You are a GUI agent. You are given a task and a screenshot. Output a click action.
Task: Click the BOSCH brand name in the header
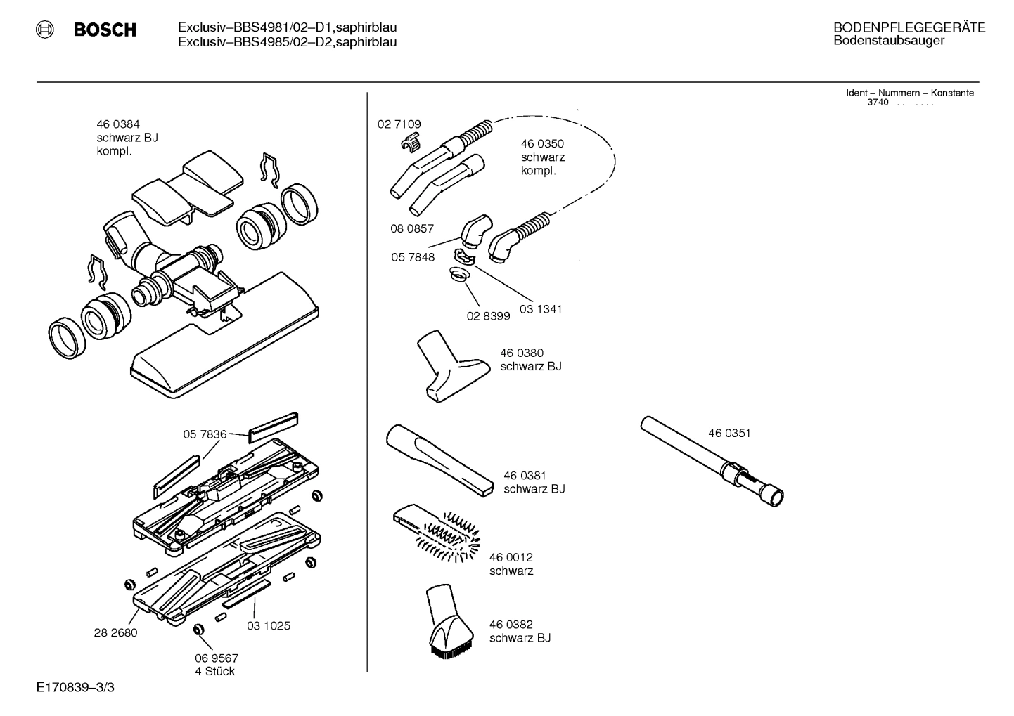pyautogui.click(x=104, y=30)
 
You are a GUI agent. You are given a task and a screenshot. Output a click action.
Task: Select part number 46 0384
pyautogui.click(x=117, y=124)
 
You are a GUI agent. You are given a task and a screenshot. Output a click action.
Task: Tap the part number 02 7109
pyautogui.click(x=399, y=124)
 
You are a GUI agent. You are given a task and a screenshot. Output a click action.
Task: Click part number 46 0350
pyautogui.click(x=542, y=144)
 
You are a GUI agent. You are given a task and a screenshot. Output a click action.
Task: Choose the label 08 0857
pyautogui.click(x=412, y=229)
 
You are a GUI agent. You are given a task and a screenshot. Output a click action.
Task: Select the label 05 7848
pyautogui.click(x=413, y=257)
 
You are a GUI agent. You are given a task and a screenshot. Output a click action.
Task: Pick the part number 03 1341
pyautogui.click(x=540, y=309)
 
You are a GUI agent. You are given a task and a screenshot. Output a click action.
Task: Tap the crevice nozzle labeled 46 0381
pyautogui.click(x=439, y=460)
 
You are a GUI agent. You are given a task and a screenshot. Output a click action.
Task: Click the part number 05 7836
pyautogui.click(x=205, y=435)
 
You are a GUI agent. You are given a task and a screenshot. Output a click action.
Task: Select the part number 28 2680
pyautogui.click(x=115, y=632)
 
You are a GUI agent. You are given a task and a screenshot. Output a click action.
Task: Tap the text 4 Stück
pyautogui.click(x=214, y=672)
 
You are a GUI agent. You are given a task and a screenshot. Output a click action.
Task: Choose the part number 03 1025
pyautogui.click(x=268, y=626)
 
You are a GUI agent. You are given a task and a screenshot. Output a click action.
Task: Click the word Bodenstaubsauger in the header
pyautogui.click(x=888, y=41)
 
